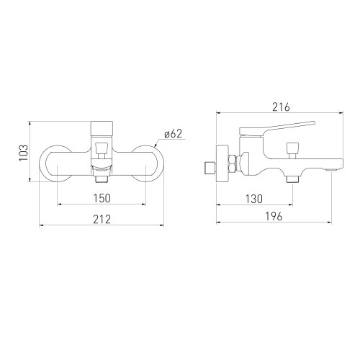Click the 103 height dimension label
pos(24,153)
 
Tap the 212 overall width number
pos(102,220)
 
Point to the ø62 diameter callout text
pos(174,135)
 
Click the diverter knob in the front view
pos(102,150)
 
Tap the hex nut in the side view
pos(233,165)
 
